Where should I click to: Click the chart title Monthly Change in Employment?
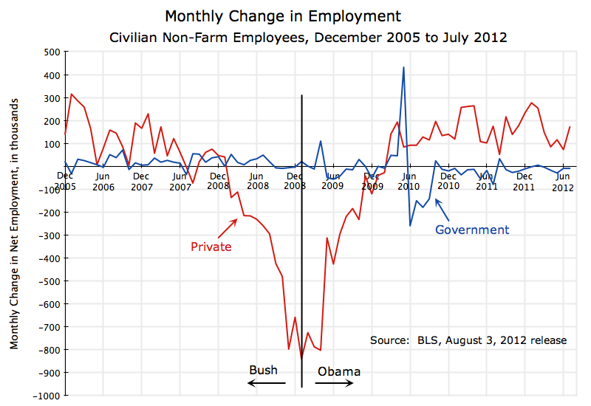[x=283, y=16]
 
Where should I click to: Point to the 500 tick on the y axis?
[x=50, y=52]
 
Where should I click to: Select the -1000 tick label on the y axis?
[x=47, y=396]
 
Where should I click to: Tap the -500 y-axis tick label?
[x=49, y=281]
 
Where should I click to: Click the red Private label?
[x=211, y=247]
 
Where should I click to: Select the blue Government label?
[x=472, y=230]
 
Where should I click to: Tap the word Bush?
[x=264, y=370]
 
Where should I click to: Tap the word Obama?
[x=339, y=371]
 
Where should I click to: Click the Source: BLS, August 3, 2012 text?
[x=468, y=340]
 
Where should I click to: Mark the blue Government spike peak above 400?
[x=403, y=67]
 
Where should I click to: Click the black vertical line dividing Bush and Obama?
[x=302, y=295]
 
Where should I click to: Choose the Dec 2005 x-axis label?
[x=65, y=181]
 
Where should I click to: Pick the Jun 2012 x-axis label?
[x=564, y=181]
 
